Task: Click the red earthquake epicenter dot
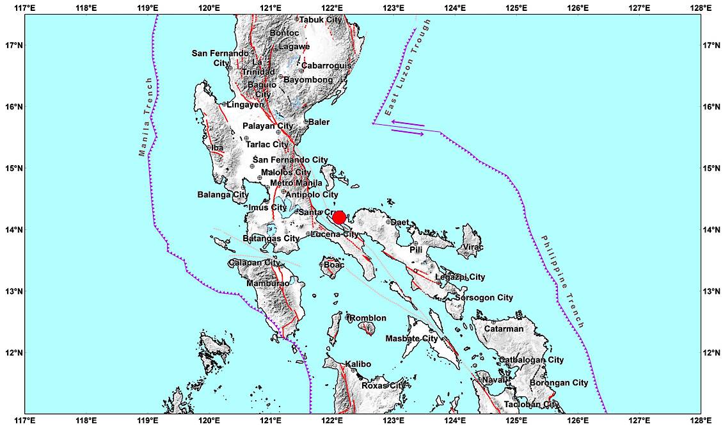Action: (339, 218)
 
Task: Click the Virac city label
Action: (473, 247)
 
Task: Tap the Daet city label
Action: (400, 223)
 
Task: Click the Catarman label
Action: (504, 329)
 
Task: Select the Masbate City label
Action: (411, 339)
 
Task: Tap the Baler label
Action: (319, 122)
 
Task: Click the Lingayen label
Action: (245, 104)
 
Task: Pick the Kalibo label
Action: (358, 365)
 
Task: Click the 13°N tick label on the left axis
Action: (12, 291)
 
